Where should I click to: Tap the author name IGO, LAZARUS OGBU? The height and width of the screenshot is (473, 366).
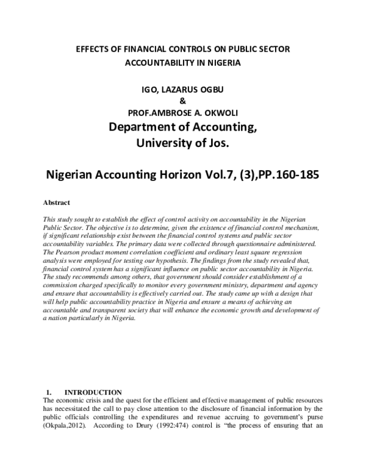tap(183, 90)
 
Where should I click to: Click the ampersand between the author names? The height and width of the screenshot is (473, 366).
tap(183, 101)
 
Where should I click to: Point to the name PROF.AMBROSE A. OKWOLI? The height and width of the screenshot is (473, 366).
tap(183, 113)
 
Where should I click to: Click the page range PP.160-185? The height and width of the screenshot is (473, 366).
tap(289, 173)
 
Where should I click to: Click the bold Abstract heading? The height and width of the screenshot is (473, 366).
tap(56, 202)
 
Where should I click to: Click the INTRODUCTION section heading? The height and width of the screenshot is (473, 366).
tap(93, 391)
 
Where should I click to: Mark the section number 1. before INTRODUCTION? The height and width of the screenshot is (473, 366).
tap(50, 391)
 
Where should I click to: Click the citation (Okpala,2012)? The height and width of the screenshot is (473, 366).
tap(65, 425)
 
